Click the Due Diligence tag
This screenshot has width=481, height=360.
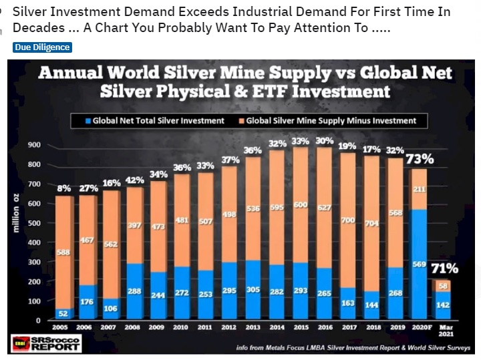42,47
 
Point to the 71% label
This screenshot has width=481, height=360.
444,268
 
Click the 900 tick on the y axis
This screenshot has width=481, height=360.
33,145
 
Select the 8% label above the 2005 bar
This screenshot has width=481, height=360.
64,188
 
